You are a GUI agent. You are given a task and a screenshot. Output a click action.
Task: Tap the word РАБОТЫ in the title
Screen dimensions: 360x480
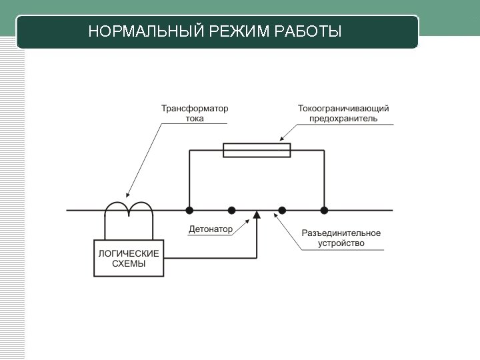308,32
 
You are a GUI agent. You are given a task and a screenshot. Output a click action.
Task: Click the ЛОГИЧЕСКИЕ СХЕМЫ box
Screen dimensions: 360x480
129,258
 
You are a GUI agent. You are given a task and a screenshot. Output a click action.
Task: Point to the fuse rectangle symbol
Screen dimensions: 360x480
257,150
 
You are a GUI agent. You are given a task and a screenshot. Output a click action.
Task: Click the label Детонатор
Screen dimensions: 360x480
211,229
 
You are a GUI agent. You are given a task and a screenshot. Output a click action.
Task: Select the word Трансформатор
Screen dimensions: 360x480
194,108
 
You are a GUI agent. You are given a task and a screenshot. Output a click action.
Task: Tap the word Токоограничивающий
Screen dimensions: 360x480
343,108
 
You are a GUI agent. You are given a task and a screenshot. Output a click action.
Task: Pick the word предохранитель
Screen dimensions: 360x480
343,119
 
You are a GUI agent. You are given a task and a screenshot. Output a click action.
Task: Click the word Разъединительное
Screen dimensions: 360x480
341,233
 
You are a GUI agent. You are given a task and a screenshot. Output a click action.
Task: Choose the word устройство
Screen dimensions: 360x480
341,243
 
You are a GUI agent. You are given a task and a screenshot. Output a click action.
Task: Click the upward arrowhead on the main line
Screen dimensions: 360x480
257,215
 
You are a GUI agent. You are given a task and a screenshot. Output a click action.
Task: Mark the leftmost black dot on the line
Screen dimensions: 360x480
189,210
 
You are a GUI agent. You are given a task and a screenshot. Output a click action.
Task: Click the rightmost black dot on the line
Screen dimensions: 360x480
324,210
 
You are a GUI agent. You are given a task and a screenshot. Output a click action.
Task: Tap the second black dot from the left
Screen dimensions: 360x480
231,210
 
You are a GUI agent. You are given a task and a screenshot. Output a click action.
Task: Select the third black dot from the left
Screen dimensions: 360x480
282,210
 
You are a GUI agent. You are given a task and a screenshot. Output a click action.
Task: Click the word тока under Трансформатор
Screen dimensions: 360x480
195,119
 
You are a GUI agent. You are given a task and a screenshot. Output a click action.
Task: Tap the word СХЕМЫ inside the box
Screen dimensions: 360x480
129,264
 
